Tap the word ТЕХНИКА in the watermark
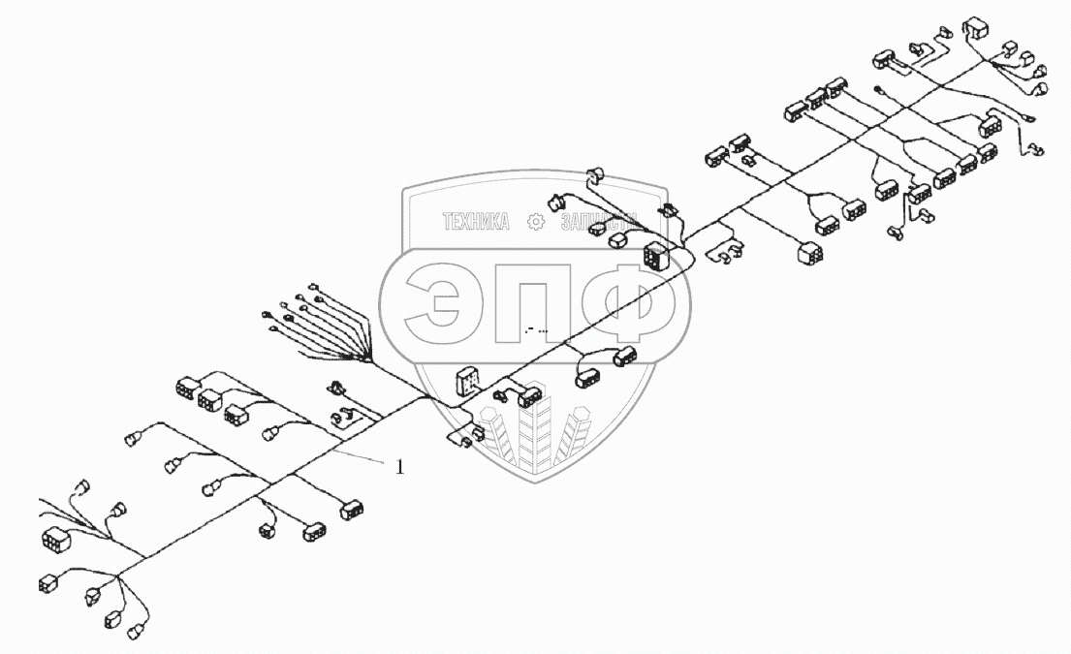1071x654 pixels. point(476,223)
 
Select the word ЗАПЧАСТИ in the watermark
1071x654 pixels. point(598,223)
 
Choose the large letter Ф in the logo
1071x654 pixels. point(631,302)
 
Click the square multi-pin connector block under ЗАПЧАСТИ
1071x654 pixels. point(658,255)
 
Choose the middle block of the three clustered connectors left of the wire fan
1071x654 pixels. point(208,398)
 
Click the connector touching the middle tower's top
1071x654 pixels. point(530,396)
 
